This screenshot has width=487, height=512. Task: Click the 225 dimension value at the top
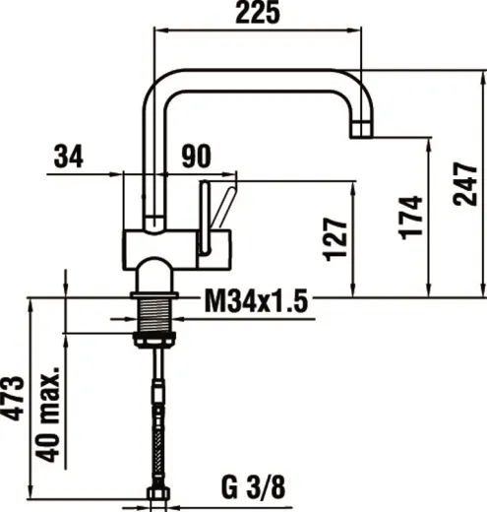click(x=259, y=13)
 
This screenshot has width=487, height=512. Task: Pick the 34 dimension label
click(x=68, y=156)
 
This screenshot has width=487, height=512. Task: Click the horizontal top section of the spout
click(x=256, y=79)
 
